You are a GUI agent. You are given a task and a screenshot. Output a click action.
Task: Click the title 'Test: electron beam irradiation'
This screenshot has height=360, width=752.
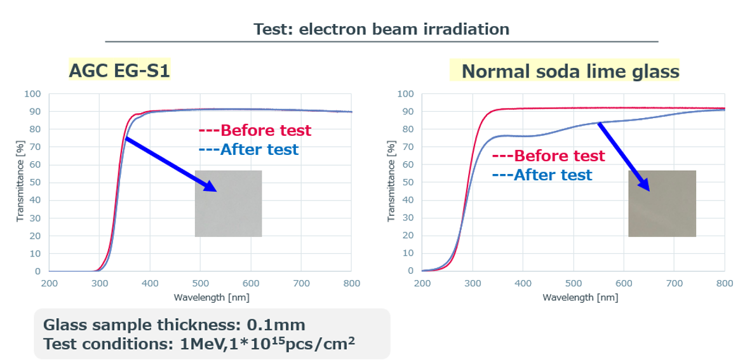tap(381, 29)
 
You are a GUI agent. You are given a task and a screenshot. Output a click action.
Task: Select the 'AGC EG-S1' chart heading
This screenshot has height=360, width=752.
tap(119, 70)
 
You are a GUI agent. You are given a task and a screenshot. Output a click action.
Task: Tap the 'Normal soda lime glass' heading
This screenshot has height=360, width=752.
tap(570, 71)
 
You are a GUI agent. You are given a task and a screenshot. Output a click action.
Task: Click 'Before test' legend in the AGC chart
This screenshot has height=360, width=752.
tap(255, 131)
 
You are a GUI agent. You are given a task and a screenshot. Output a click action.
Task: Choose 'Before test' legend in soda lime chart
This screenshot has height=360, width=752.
tap(549, 156)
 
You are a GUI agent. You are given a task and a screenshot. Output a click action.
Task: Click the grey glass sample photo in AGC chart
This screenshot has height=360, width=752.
tap(228, 203)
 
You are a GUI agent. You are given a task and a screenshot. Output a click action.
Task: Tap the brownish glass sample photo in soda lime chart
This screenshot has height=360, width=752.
tap(662, 203)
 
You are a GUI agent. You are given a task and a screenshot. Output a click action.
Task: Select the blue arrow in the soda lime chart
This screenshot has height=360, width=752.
tap(624, 156)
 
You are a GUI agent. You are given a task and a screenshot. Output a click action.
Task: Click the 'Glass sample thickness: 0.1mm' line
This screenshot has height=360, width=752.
tap(174, 325)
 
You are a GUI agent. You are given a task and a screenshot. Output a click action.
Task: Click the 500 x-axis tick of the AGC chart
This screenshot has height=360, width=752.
tap(200, 284)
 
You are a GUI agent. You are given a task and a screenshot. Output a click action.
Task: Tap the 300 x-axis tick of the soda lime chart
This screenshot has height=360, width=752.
tap(472, 284)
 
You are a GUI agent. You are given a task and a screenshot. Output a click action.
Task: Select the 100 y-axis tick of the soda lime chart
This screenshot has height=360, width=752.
tap(405, 94)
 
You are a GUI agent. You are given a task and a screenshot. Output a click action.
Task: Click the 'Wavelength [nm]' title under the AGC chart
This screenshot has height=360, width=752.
tap(201, 297)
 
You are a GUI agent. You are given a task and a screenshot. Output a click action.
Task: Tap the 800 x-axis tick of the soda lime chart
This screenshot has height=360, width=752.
tap(725, 284)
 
